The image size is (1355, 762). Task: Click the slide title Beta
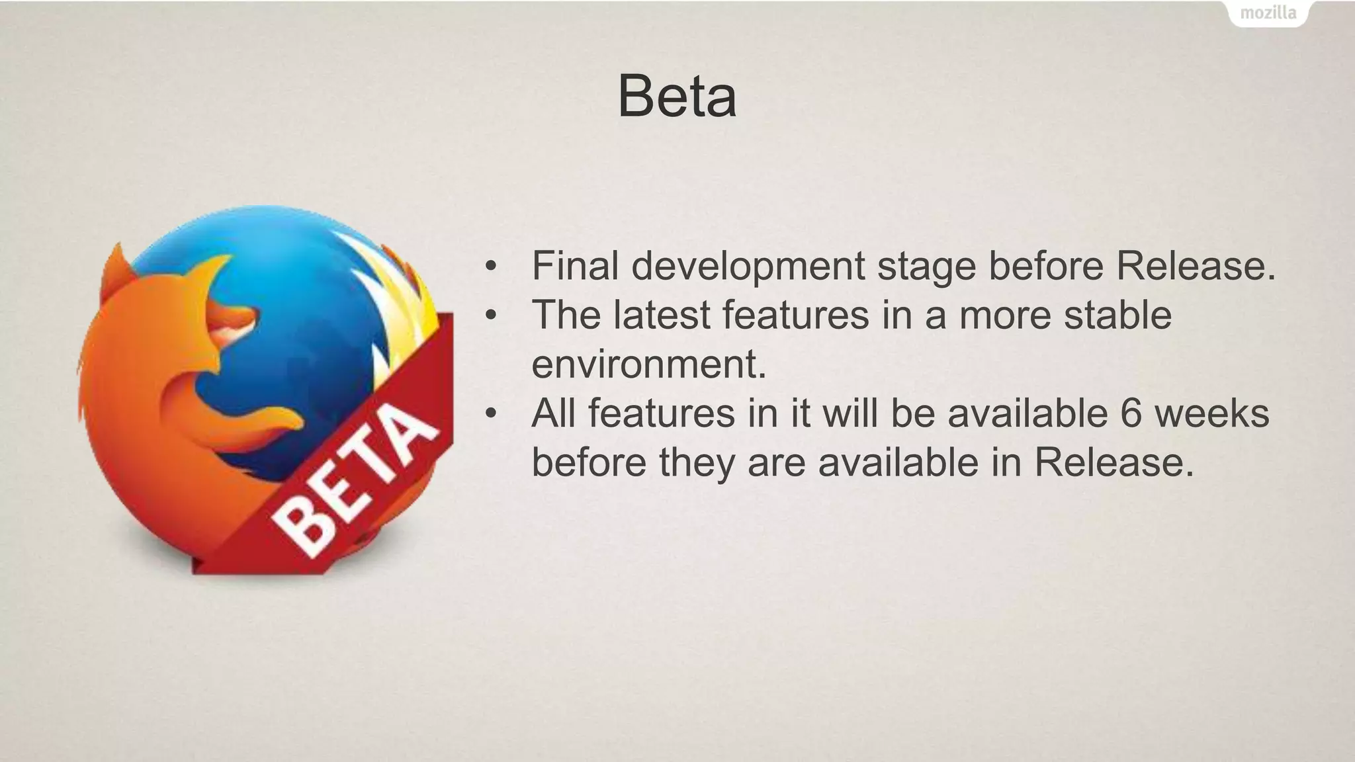pyautogui.click(x=676, y=97)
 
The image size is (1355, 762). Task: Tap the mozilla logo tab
pyautogui.click(x=1268, y=13)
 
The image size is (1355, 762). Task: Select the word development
pyautogui.click(x=748, y=267)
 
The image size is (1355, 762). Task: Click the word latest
pyautogui.click(x=661, y=315)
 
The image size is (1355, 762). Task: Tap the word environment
pyautogui.click(x=648, y=364)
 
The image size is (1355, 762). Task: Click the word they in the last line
pyautogui.click(x=697, y=462)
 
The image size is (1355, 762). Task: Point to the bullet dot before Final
pyautogui.click(x=490, y=267)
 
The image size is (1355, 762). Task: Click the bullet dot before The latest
pyautogui.click(x=490, y=316)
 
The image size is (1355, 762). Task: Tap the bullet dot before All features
pyautogui.click(x=490, y=414)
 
